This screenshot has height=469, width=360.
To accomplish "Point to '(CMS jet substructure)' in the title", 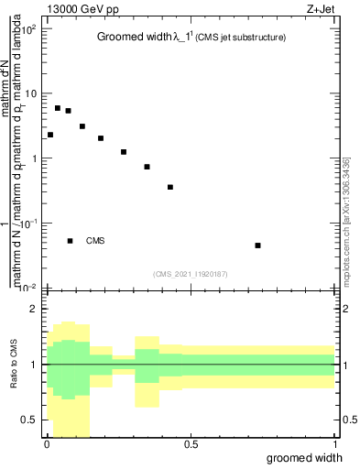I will (241, 38).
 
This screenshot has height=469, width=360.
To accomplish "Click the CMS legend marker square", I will (70, 241).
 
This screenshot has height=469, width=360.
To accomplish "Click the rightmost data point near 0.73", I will (258, 245).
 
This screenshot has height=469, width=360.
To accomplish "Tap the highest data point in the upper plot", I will (57, 108).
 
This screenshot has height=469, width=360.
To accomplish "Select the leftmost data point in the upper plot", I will (50, 135).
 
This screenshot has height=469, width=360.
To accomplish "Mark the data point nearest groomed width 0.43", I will (170, 187).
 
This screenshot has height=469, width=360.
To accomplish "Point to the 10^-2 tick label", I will (29, 288).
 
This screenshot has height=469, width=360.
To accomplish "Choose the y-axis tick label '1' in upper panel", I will (34, 158).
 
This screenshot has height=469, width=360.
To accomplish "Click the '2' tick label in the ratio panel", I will (35, 309).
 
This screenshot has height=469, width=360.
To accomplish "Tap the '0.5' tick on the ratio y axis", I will (30, 420).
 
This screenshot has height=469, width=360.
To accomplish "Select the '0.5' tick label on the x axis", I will (191, 444).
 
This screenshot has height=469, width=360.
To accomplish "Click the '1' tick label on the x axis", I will (335, 444).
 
